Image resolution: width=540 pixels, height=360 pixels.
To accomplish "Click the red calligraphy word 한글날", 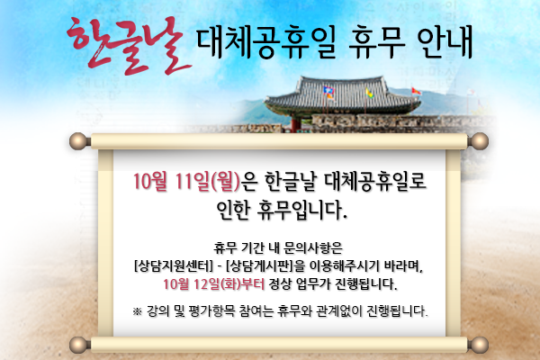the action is click(128, 46).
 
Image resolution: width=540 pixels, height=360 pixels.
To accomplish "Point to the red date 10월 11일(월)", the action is click(186, 181).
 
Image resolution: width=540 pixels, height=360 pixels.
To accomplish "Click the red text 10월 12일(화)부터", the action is click(213, 284).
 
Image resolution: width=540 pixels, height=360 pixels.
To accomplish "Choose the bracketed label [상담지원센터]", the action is click(173, 266).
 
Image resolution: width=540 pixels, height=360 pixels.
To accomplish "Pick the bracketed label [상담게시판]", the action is click(260, 266).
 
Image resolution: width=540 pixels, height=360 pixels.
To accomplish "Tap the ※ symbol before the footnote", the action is click(138, 311).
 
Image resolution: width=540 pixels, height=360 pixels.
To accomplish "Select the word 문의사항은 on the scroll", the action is click(312, 247).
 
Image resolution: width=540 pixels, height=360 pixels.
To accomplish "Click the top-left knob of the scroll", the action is click(78, 141).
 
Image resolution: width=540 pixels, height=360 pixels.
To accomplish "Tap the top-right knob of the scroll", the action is click(480, 141).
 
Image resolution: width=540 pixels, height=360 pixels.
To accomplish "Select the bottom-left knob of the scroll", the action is click(78, 345).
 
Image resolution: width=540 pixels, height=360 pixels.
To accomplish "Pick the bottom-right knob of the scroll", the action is click(480, 345).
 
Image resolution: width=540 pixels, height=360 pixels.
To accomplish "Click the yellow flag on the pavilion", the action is click(369, 93).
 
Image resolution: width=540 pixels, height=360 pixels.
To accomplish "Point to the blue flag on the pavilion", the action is click(328, 91).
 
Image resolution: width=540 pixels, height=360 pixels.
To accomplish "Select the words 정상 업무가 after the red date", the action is click(300, 284).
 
